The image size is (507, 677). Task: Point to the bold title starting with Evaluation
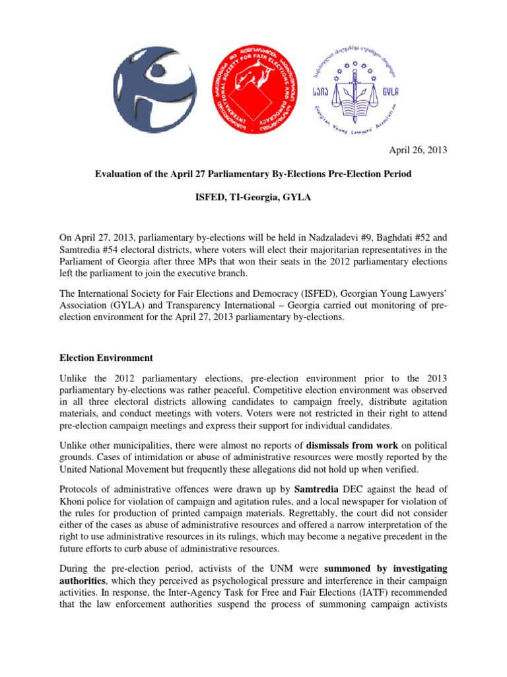tap(253, 174)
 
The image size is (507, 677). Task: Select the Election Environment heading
tap(106, 358)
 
